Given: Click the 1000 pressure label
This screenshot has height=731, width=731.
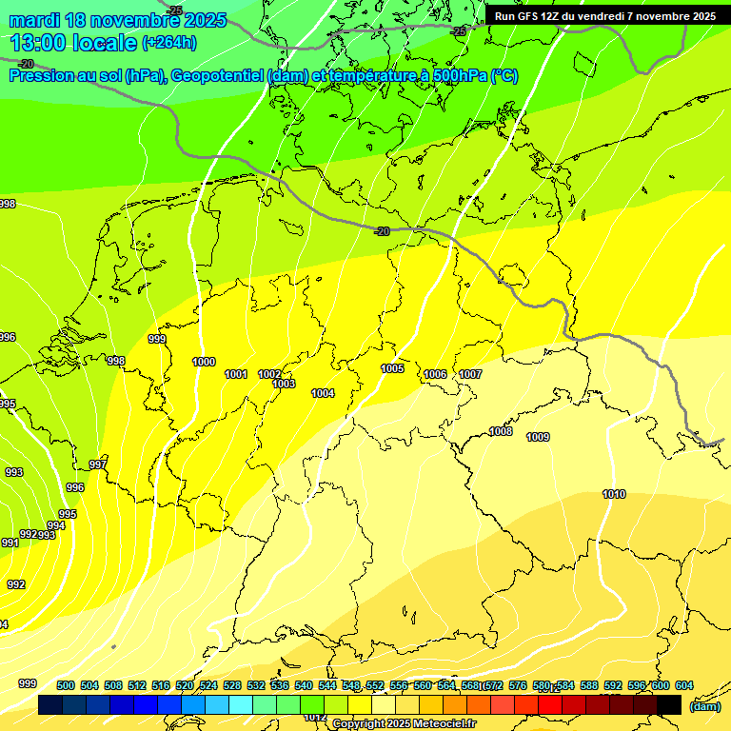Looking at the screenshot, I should click(x=204, y=362).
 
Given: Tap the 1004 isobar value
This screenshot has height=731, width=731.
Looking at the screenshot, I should click(x=323, y=393).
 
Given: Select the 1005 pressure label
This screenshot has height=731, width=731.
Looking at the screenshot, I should click(x=392, y=368).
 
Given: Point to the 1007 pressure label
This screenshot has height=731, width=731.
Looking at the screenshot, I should click(x=470, y=374).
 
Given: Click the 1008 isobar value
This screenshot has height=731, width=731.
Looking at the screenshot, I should click(x=501, y=431).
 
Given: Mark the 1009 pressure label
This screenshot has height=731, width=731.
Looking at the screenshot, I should click(x=538, y=437).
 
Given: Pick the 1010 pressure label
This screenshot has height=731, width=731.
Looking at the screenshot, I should click(x=614, y=494).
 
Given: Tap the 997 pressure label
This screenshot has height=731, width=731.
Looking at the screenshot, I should click(x=98, y=464).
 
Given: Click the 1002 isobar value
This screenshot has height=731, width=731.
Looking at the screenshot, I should click(x=269, y=374).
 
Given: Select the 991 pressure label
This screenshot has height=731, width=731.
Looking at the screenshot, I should click(x=10, y=543).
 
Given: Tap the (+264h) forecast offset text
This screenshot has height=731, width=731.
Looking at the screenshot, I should click(x=169, y=43).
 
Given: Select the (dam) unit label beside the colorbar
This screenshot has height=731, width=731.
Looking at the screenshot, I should click(x=704, y=706).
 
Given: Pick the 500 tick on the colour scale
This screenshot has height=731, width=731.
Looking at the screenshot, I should click(x=66, y=685).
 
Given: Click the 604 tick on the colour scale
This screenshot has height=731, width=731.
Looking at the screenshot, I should click(x=683, y=685).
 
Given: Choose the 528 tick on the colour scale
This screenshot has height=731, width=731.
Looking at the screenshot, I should click(x=232, y=685).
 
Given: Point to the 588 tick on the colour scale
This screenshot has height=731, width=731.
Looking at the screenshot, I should click(x=589, y=685).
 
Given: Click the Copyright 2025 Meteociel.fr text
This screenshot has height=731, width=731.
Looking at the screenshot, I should click(x=404, y=723).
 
